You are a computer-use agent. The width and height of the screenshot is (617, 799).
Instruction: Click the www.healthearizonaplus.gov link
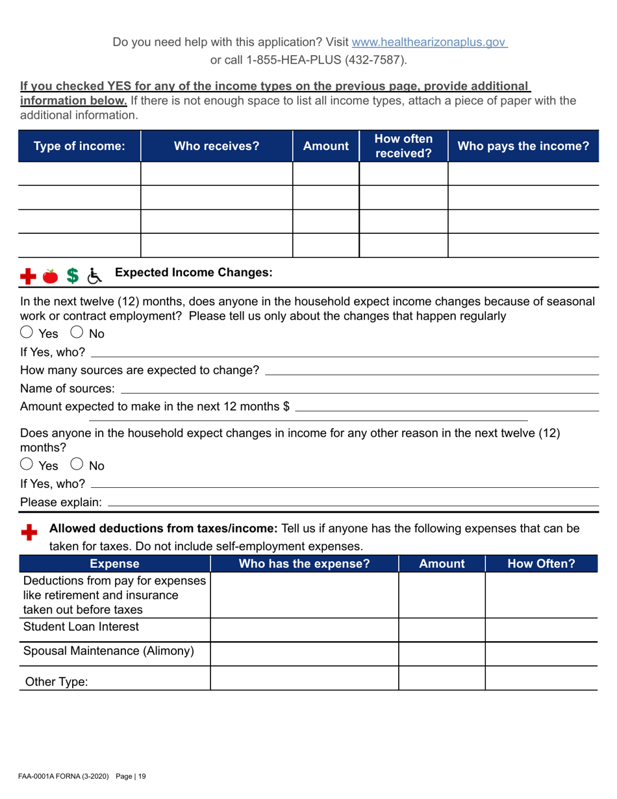(429, 42)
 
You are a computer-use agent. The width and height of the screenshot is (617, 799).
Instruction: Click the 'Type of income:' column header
(79, 146)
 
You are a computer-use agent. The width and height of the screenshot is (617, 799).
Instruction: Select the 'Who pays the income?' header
(523, 146)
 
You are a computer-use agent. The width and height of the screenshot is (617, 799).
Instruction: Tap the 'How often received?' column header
(403, 146)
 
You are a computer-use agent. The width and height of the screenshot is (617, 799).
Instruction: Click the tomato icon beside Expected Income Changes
(50, 277)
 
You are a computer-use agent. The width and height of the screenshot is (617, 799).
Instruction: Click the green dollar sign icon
(73, 277)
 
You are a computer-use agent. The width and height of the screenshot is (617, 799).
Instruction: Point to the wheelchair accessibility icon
(95, 277)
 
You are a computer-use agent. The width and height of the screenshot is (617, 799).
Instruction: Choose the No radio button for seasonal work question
(75, 334)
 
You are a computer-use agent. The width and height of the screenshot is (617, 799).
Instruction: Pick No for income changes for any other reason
(75, 465)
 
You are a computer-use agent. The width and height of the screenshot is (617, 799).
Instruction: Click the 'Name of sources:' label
(68, 389)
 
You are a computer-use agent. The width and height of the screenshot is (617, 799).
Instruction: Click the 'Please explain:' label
(61, 502)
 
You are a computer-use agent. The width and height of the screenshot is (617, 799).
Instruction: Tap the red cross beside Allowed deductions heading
(29, 533)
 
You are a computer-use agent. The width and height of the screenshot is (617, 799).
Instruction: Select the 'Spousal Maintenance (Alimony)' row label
(108, 651)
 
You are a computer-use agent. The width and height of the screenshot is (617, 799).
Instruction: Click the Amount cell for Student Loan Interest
(441, 629)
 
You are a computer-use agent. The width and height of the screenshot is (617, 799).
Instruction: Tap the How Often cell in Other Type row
(540, 678)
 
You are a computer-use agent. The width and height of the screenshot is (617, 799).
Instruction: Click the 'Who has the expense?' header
(305, 564)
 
